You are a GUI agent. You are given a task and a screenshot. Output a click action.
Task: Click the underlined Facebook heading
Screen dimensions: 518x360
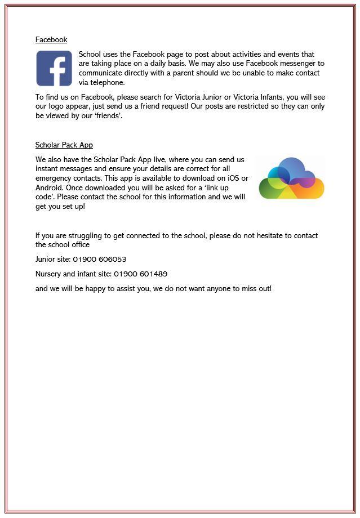(x=51, y=40)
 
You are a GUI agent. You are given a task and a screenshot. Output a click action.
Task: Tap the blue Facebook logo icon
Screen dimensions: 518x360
(x=54, y=68)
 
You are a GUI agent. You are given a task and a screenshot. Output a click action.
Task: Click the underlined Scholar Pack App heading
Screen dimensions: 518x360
(x=64, y=145)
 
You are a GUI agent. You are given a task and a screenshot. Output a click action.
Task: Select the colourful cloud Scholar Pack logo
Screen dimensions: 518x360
(x=291, y=178)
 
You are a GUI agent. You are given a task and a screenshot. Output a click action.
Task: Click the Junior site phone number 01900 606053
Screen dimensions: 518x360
(x=99, y=260)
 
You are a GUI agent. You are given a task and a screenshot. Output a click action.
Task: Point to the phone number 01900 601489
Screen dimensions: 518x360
(x=140, y=274)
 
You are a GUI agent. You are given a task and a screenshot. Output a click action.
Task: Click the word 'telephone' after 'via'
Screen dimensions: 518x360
(x=107, y=82)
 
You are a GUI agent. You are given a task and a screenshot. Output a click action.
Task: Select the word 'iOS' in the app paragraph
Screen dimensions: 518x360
(x=228, y=178)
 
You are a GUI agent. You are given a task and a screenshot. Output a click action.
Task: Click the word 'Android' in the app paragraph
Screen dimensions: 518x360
(x=50, y=187)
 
